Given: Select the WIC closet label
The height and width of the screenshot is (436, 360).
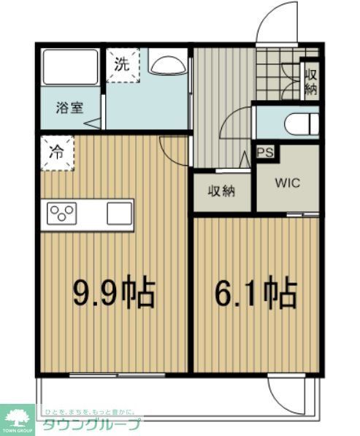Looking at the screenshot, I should [x=287, y=183].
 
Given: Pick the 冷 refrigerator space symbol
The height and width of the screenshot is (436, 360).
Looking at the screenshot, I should [x=56, y=154].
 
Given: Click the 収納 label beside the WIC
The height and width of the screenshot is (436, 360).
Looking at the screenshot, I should [x=222, y=191].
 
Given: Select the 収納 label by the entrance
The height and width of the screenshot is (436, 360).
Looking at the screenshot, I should [x=311, y=80].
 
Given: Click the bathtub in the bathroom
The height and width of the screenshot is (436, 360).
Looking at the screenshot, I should [x=70, y=67].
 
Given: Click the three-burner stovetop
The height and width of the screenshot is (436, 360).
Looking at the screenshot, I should [x=62, y=214].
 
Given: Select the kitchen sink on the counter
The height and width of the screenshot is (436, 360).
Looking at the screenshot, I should [x=119, y=214].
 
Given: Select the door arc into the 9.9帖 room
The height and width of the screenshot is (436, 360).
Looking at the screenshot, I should [x=172, y=150].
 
